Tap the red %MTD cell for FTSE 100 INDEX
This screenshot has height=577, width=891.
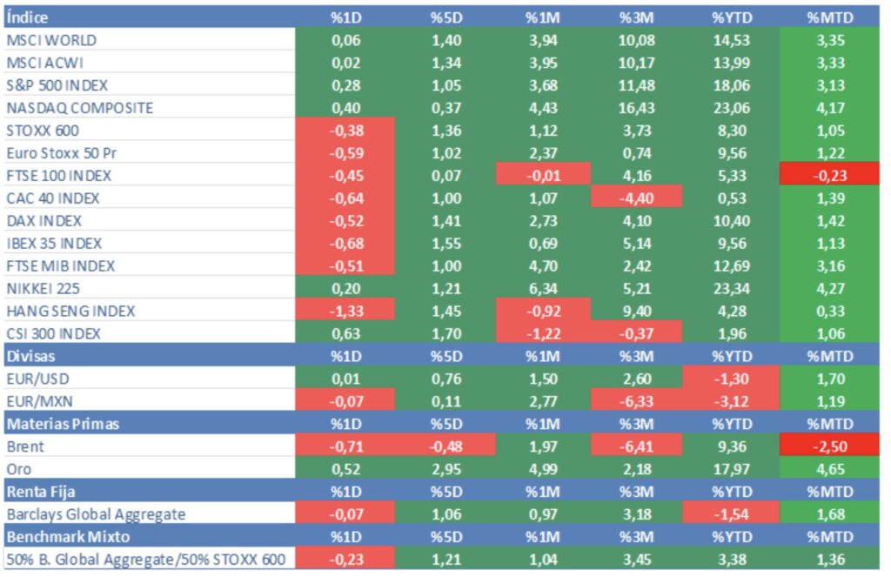click(x=829, y=176)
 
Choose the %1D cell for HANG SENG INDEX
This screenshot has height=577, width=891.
click(x=345, y=312)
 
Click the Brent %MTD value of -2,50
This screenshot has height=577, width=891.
click(x=829, y=447)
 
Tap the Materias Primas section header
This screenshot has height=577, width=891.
click(x=63, y=425)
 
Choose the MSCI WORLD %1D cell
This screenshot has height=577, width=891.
click(x=345, y=40)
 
